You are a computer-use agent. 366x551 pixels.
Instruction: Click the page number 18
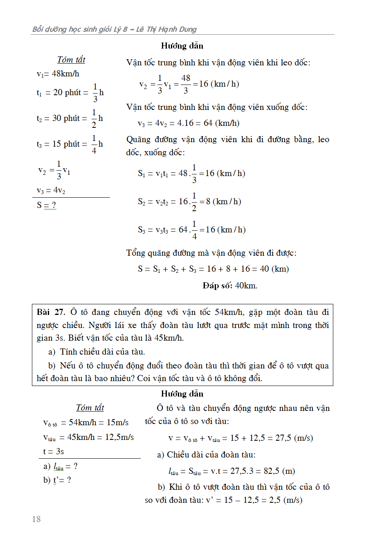36,519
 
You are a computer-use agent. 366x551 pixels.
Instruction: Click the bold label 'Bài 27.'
51,312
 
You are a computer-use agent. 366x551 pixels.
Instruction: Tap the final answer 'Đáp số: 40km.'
230,286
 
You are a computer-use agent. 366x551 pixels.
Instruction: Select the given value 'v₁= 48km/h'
58,74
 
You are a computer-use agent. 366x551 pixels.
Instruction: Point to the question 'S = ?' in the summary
46,205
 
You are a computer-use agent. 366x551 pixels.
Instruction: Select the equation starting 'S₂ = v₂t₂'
189,201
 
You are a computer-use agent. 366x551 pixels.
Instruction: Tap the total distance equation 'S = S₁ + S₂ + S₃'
213,269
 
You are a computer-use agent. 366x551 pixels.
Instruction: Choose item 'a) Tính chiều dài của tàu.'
97,352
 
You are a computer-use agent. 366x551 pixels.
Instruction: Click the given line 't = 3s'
54,451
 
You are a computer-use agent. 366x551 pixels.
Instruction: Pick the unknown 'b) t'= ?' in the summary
57,480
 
